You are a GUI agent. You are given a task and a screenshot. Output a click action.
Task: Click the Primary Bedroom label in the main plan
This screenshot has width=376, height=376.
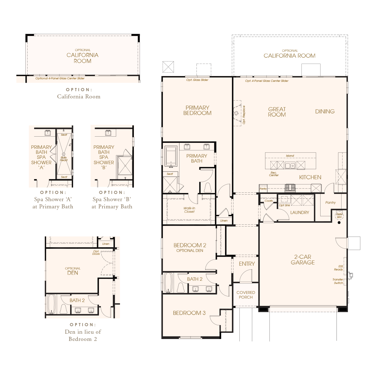[x=197, y=110]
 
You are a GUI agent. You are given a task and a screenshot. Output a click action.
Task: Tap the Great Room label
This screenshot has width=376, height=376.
[x=277, y=112]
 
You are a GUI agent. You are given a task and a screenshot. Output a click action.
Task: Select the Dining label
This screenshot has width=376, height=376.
[x=325, y=112]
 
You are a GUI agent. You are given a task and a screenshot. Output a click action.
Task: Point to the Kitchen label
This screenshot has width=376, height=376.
[x=310, y=177]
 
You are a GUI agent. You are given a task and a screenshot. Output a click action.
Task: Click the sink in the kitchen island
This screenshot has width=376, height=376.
[x=290, y=165]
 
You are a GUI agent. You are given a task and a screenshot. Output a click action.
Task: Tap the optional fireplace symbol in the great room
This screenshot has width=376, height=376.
[x=237, y=113]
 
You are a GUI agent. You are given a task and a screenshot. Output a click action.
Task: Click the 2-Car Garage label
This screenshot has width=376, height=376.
[x=303, y=259]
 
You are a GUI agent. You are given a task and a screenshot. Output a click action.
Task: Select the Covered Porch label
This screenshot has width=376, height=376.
[x=246, y=295]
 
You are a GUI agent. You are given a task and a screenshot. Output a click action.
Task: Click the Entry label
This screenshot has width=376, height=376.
[x=247, y=264]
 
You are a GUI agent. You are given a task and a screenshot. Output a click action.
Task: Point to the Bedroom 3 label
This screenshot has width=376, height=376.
[x=189, y=313]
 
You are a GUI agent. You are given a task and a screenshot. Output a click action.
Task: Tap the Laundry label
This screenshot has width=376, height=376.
[x=300, y=212]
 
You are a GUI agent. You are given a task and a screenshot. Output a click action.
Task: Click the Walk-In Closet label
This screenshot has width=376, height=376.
[x=189, y=210]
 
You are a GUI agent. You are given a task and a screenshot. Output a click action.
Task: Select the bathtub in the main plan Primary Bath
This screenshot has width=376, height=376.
[x=171, y=156]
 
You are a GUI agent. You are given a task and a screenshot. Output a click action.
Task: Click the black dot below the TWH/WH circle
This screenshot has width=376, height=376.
[x=339, y=222]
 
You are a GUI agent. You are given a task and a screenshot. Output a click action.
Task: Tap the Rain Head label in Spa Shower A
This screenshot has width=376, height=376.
[x=64, y=159]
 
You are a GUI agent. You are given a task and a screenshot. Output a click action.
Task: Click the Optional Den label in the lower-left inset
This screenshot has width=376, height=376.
[x=73, y=271]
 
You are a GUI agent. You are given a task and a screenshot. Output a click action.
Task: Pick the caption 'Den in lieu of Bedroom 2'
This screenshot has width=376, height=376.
[x=83, y=335]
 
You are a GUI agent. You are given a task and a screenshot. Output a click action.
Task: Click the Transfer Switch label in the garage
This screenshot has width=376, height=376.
[x=338, y=281]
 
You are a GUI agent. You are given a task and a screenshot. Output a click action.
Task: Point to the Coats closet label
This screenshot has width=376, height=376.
[x=269, y=201]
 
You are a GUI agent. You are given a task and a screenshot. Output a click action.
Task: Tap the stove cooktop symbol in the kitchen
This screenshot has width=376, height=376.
[x=290, y=187]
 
